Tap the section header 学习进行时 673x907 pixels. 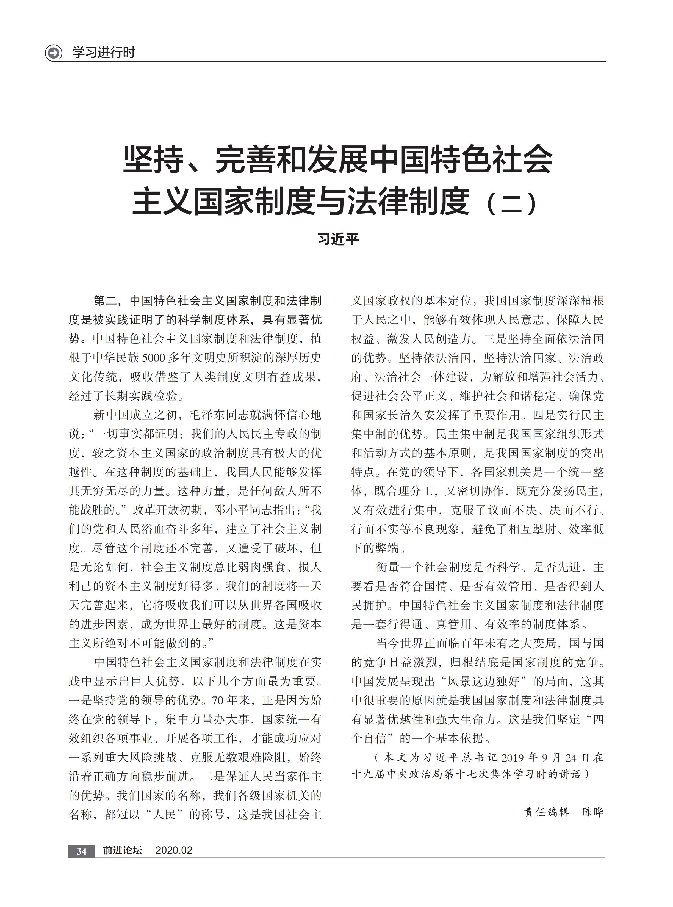point(104,53)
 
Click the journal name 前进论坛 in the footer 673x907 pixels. point(122,850)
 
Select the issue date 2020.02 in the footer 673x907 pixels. point(174,850)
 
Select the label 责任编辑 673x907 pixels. point(546,812)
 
